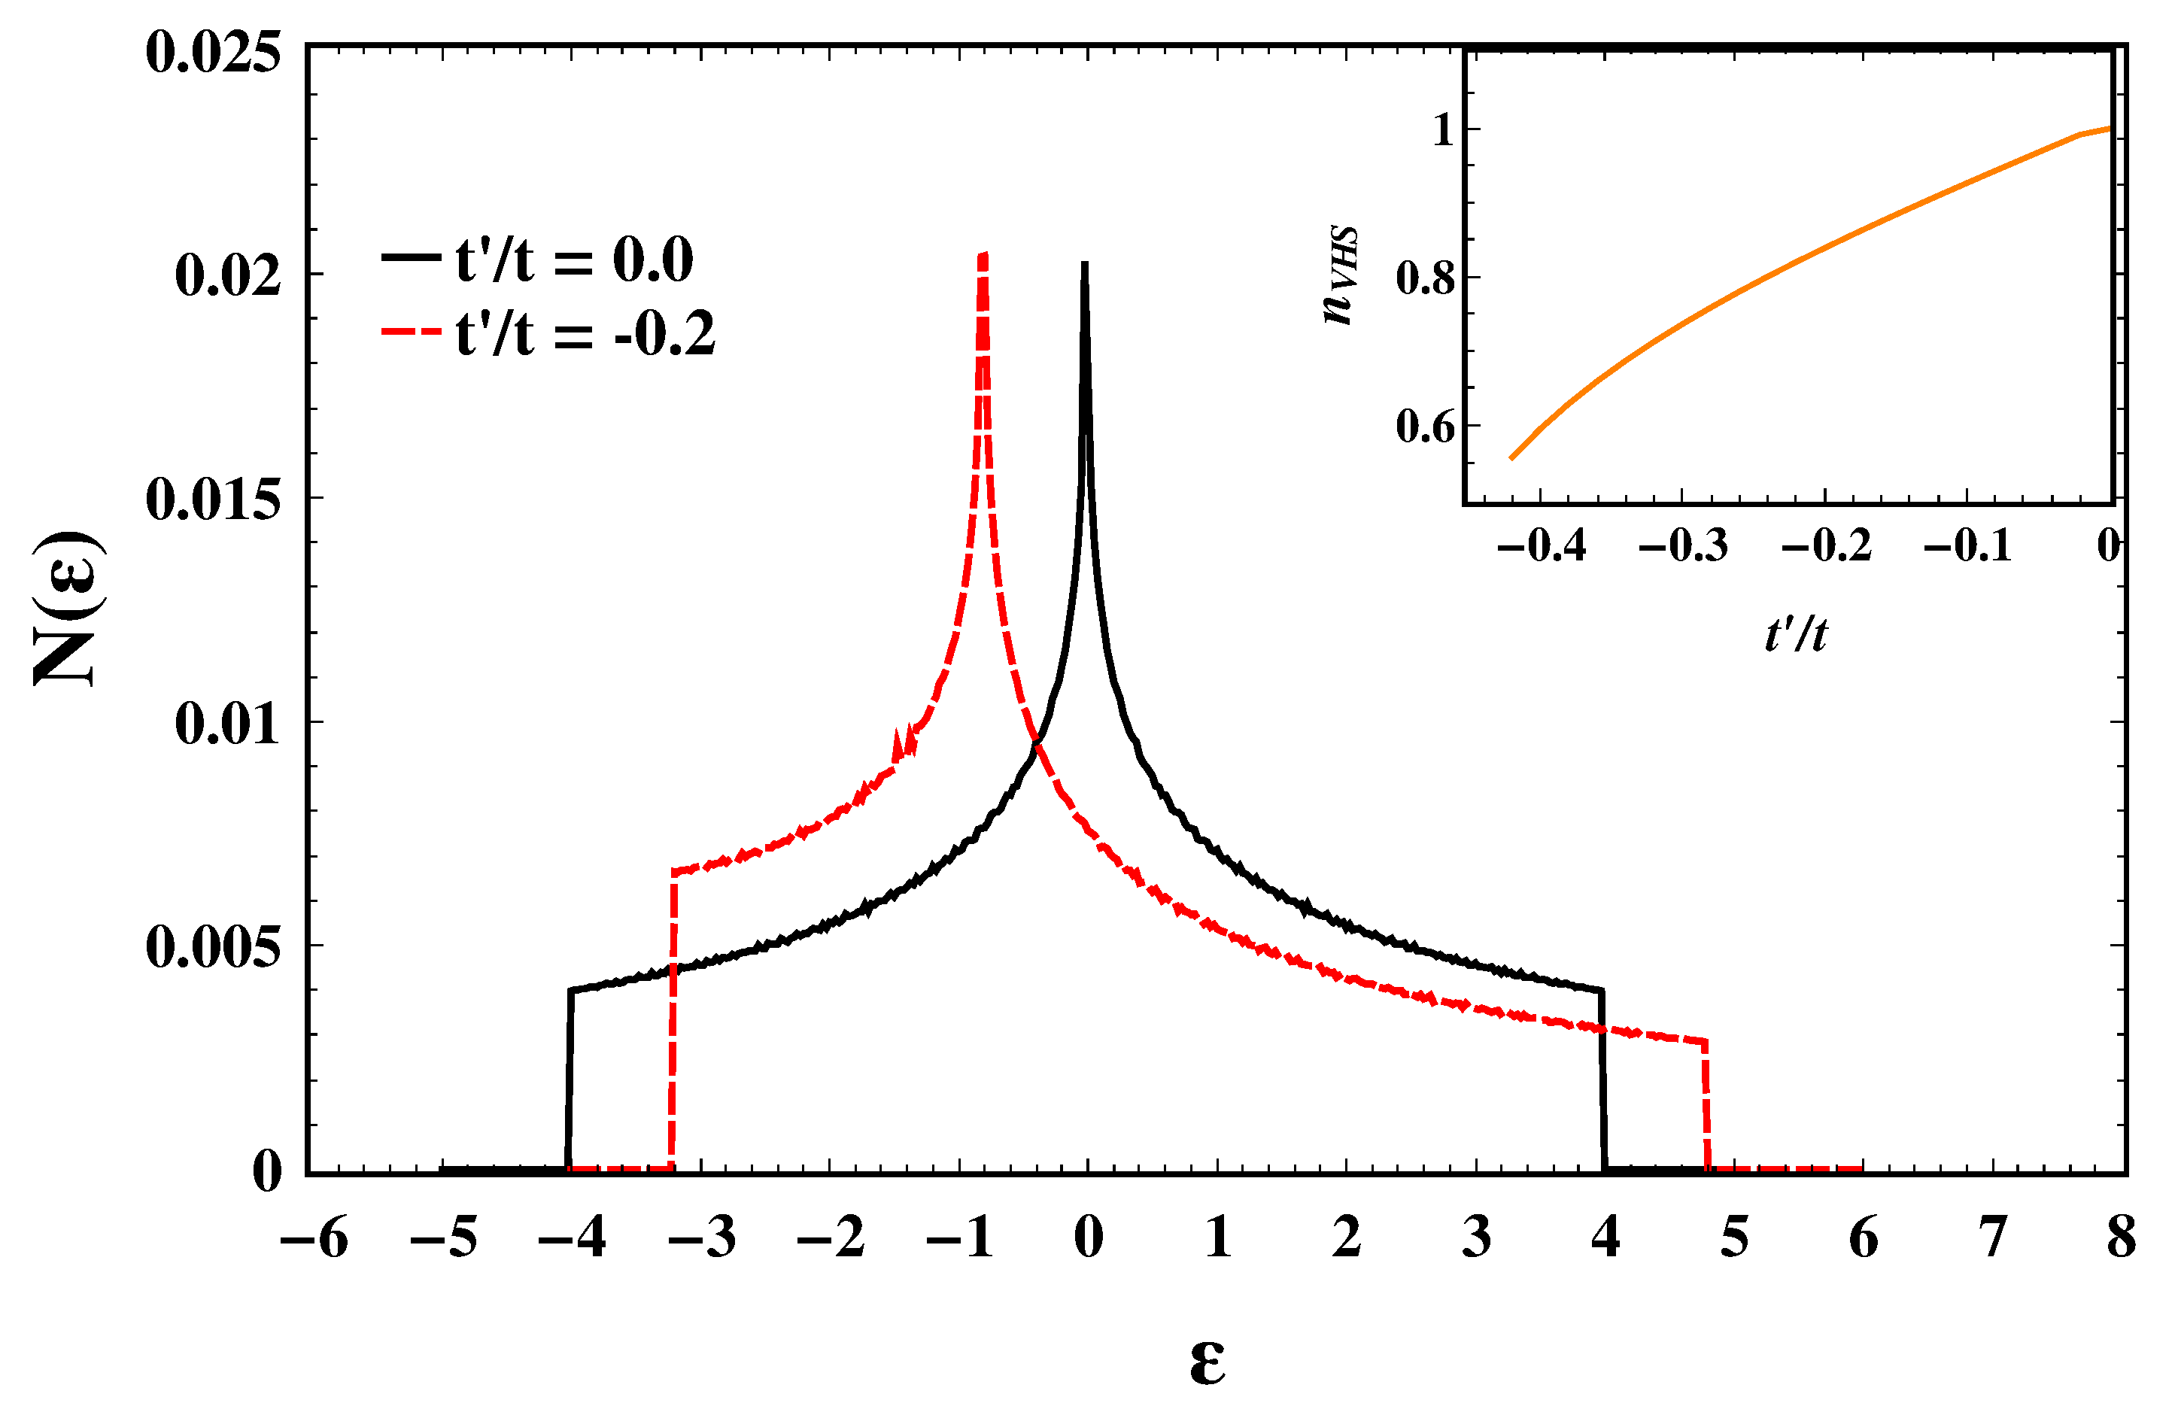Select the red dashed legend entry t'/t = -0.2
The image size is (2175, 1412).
[x=548, y=333]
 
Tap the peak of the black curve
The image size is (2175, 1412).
[x=1084, y=265]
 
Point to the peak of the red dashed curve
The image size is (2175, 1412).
[x=983, y=256]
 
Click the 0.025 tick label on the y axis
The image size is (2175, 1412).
[x=213, y=52]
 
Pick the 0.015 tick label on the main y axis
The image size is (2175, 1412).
[x=213, y=500]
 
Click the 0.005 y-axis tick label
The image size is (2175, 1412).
[x=213, y=947]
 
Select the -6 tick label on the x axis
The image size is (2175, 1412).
[x=314, y=1238]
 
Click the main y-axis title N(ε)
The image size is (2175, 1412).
[x=68, y=608]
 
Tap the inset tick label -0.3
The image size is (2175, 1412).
[x=1683, y=547]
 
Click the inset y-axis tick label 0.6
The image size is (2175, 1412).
[x=1426, y=427]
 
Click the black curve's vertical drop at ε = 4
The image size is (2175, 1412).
[x=1604, y=1079]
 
